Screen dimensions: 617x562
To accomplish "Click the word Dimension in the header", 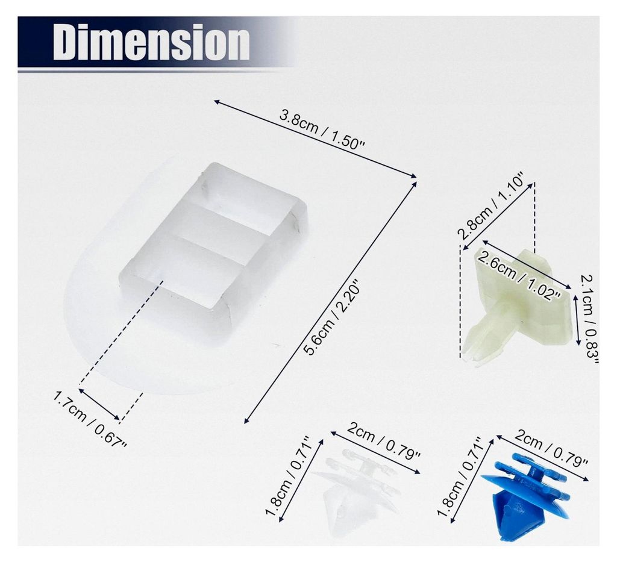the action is pos(151,42).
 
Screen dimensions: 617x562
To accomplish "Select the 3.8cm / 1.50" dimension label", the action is pos(322,130).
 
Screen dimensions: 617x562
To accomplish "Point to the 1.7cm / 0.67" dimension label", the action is pos(90,419).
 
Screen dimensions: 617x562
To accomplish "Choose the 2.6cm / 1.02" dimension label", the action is pos(519,275).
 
